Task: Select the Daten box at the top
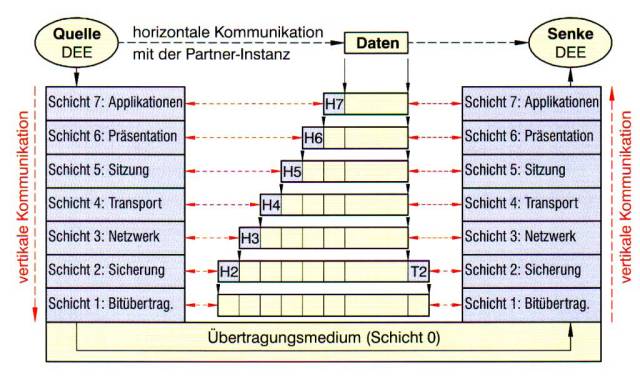(x=376, y=43)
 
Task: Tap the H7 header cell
(x=334, y=103)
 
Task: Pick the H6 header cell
(x=313, y=137)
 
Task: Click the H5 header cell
(x=292, y=171)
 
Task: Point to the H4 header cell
(x=271, y=205)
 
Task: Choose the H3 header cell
(x=250, y=238)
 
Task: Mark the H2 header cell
(x=229, y=270)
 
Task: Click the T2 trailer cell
(x=418, y=270)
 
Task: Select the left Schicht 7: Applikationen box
(x=115, y=103)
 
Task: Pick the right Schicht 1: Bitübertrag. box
(x=531, y=302)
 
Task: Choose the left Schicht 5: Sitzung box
(x=115, y=170)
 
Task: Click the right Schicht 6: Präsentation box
(x=531, y=136)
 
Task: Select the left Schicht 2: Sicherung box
(x=115, y=270)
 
